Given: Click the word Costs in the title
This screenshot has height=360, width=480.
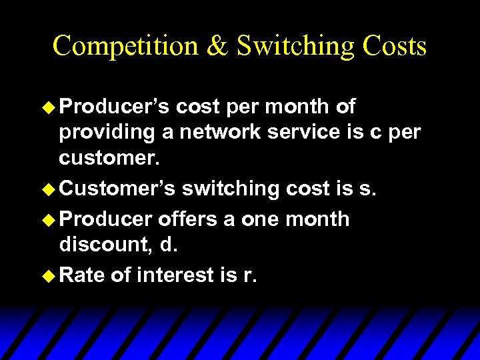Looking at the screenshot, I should click(394, 46).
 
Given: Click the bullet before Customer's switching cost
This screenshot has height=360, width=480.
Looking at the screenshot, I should click(49, 189).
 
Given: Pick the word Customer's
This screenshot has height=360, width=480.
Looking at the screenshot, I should click(117, 189).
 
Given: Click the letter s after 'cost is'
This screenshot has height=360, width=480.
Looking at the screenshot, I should click(364, 189).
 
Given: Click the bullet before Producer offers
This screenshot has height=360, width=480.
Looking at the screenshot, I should click(49, 219).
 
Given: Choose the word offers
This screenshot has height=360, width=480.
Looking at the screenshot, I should click(191, 219).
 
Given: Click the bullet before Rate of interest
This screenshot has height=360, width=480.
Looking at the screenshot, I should click(49, 274).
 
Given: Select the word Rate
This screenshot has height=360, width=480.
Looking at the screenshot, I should click(82, 274).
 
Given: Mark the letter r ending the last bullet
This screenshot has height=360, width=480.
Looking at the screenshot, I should click(248, 275).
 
